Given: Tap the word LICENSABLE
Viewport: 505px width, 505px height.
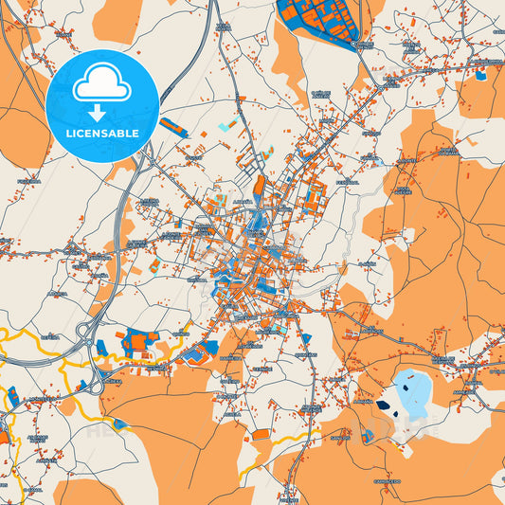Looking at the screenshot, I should (102, 133).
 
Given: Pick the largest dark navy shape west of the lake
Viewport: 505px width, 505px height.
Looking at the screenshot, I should (383, 405).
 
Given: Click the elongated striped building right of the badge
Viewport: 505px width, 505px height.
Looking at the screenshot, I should (174, 127).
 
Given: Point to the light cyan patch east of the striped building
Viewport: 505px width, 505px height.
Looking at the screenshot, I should (225, 126).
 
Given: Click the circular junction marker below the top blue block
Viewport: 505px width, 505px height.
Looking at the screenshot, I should (357, 44).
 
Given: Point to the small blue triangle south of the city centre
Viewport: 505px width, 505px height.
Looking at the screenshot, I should (305, 339).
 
